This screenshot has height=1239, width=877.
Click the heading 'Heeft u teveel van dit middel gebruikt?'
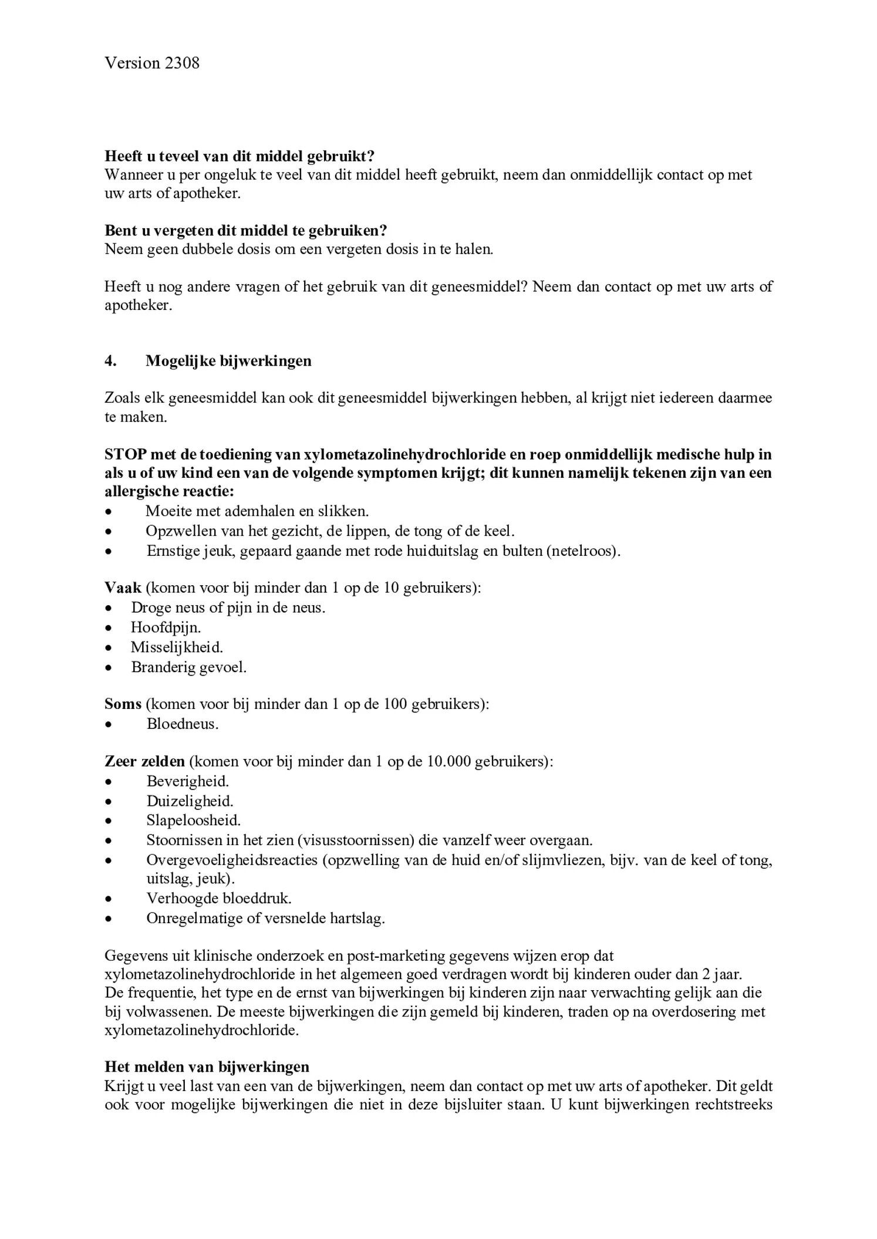pyautogui.click(x=240, y=156)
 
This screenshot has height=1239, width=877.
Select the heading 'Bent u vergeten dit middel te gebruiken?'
pyautogui.click(x=246, y=231)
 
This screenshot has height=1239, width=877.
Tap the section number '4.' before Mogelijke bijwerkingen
pyautogui.click(x=110, y=360)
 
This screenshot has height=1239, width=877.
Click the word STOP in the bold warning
pyautogui.click(x=125, y=454)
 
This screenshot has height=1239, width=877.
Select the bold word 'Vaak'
pyautogui.click(x=123, y=588)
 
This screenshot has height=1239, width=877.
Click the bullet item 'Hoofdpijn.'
pyautogui.click(x=166, y=627)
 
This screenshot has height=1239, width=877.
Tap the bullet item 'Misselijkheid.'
pyautogui.click(x=177, y=647)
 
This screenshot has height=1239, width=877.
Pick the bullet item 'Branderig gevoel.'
pyautogui.click(x=188, y=667)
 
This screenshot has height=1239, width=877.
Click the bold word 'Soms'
pyautogui.click(x=123, y=704)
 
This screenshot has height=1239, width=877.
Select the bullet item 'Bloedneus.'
pyautogui.click(x=183, y=724)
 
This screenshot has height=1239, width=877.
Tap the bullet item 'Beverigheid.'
pyautogui.click(x=187, y=781)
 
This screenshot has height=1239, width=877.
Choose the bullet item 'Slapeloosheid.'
pyautogui.click(x=194, y=820)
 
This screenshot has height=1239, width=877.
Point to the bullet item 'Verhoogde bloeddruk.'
pyautogui.click(x=219, y=898)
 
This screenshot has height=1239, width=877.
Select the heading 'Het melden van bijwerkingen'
pyautogui.click(x=207, y=1066)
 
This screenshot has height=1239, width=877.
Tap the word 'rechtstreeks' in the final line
pyautogui.click(x=733, y=1105)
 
